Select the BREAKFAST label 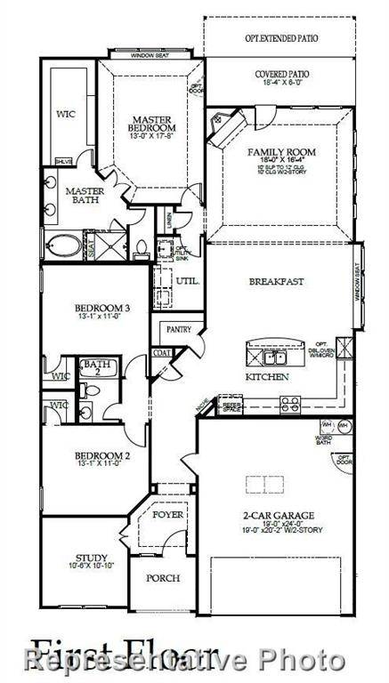(x=276, y=281)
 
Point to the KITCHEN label (x=267, y=377)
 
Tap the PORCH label (x=163, y=577)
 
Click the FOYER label (x=166, y=514)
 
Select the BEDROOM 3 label (x=101, y=309)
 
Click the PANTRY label (x=174, y=329)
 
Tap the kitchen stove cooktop (x=291, y=404)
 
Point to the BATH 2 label (x=93, y=368)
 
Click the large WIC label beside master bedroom (x=65, y=114)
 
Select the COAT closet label (x=161, y=352)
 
